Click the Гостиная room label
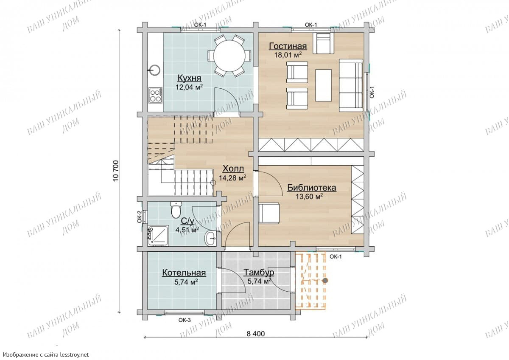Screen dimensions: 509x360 pos(288,46)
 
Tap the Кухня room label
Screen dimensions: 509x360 pos(189,78)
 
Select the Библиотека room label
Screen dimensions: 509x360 pos(312,188)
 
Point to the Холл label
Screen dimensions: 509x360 pos(233,169)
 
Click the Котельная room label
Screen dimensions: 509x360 pos(184,273)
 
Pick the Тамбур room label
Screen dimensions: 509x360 pos(259,272)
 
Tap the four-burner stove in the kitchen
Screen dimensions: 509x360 pos(156,95)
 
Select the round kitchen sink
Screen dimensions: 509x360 pos(155,70)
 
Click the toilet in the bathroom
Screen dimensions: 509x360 pos(176,209)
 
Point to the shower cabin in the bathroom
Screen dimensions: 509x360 pos(158,236)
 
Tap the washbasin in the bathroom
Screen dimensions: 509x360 pos(211,239)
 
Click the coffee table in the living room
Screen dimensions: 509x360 pos(323,85)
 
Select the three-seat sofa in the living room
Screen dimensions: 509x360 pos(351,85)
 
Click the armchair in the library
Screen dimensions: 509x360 pos(270,213)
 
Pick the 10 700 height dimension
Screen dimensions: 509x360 pos(116,171)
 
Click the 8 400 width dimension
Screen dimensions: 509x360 pos(256,334)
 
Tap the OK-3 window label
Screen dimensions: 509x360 pos(185,320)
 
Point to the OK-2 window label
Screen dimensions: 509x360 pos(139,217)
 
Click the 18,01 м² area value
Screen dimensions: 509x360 pos(288,55)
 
